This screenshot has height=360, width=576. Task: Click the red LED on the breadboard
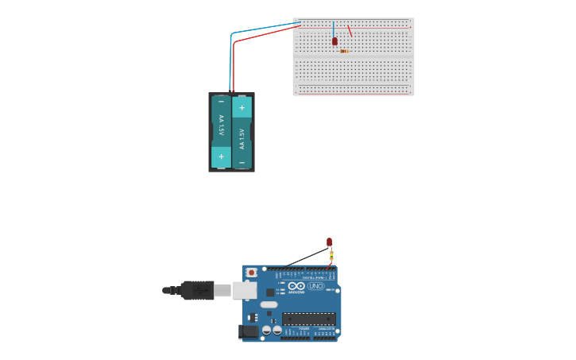tap(334, 41)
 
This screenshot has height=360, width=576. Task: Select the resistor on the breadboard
tap(343, 51)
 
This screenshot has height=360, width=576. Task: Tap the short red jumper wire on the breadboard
tap(350, 31)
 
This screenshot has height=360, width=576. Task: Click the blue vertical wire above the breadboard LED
tap(334, 29)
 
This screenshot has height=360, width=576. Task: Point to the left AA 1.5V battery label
tap(221, 126)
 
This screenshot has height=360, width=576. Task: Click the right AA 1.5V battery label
tap(242, 139)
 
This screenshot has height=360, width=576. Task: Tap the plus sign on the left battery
tap(221, 157)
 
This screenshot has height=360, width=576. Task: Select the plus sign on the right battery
tap(242, 107)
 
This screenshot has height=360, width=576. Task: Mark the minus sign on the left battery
tap(221, 102)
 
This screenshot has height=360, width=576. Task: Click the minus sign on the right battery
tap(242, 162)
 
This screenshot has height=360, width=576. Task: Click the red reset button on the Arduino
tap(252, 273)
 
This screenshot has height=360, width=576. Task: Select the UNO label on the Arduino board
tap(316, 286)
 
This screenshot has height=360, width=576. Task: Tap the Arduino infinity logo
tap(296, 286)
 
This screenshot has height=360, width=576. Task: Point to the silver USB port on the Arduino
tap(244, 290)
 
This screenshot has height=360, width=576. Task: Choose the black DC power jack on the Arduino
tap(249, 331)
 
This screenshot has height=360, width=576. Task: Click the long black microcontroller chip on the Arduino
tap(308, 319)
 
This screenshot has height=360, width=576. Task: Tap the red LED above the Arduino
tap(329, 242)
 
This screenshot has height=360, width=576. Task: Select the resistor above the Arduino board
tap(331, 254)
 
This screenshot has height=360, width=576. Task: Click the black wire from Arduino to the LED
tap(306, 257)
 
